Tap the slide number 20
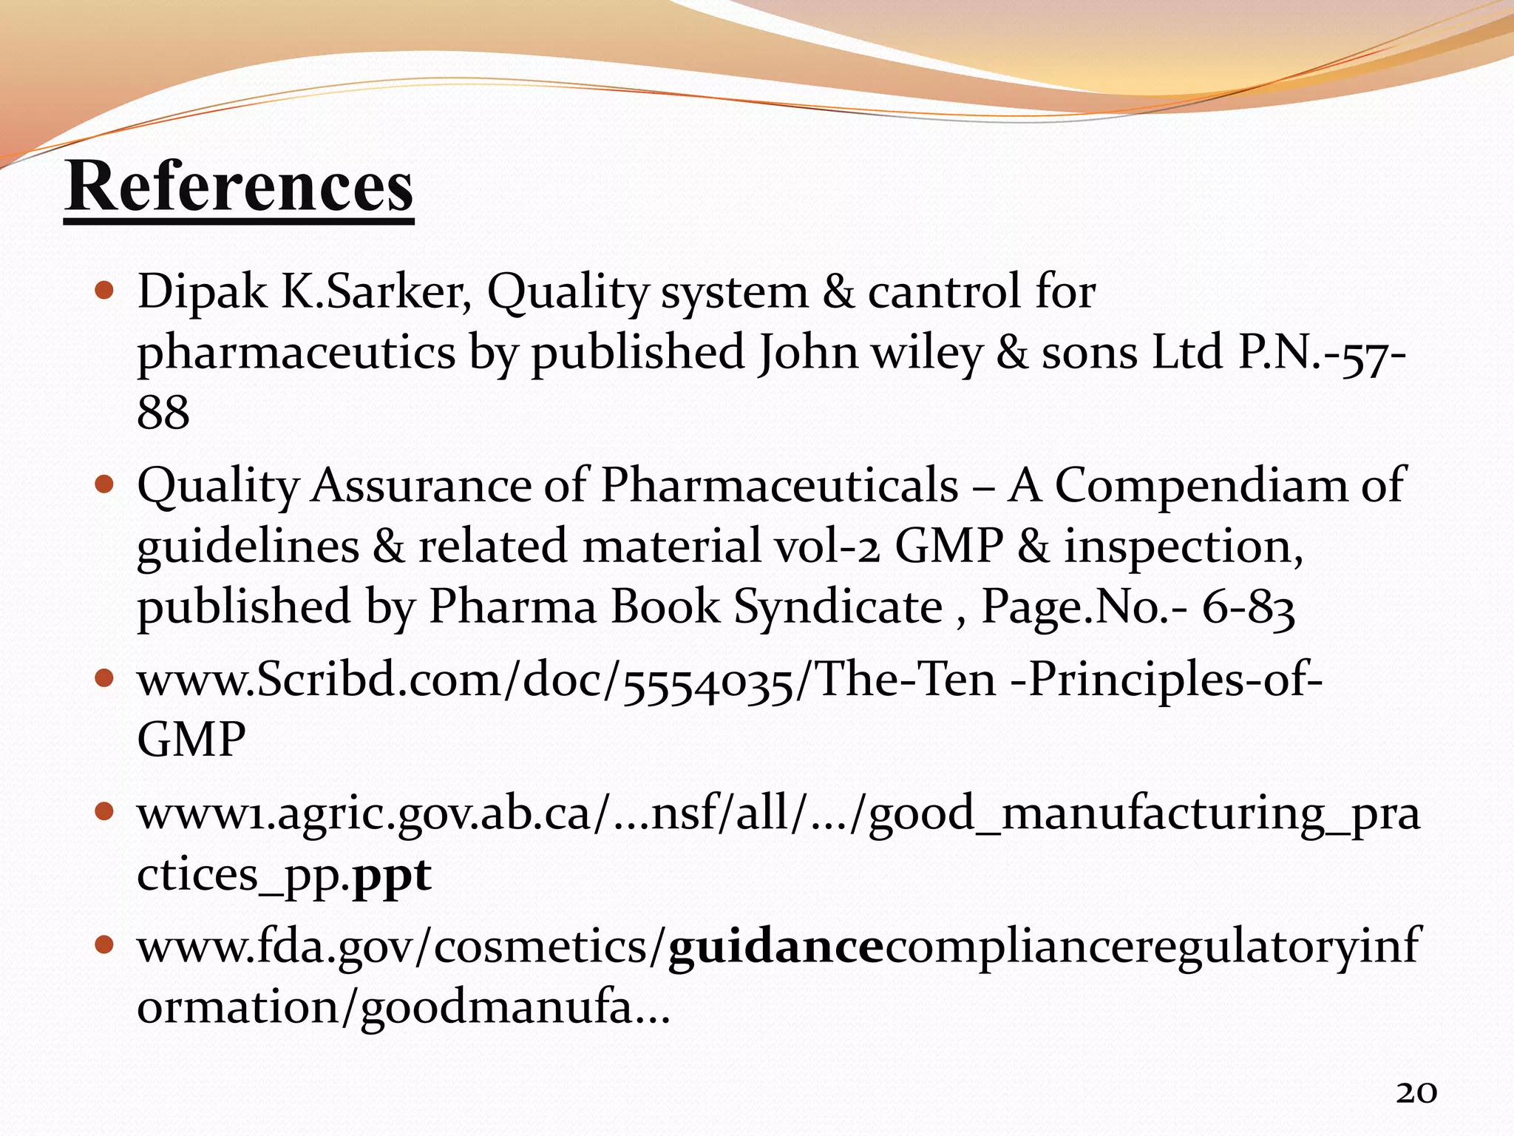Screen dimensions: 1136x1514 1416,1092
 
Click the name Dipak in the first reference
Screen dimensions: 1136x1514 202,291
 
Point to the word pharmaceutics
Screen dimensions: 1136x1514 296,353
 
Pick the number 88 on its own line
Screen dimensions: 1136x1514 163,412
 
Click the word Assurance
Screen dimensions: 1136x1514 421,486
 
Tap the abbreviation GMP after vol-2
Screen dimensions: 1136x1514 948,547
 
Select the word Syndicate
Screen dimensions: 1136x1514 838,607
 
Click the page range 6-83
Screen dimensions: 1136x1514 1248,607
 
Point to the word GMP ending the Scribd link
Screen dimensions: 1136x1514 191,740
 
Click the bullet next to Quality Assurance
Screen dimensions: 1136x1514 105,485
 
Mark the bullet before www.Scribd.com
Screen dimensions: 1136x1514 105,678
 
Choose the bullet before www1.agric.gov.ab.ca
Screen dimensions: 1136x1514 105,813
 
